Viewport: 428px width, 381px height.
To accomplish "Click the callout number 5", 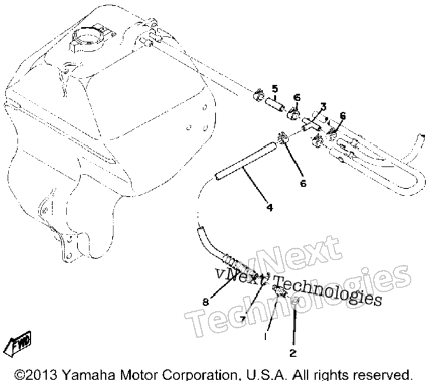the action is pyautogui.click(x=275, y=89).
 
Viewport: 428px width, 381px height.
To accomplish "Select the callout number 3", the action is pyautogui.click(x=323, y=106).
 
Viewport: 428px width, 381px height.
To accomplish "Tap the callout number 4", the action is pyautogui.click(x=270, y=208).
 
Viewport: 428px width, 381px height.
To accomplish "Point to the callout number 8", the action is pyautogui.click(x=206, y=302).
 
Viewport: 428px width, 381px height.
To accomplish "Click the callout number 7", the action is pyautogui.click(x=243, y=319).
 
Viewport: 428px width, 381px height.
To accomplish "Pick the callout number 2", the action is pyautogui.click(x=293, y=353).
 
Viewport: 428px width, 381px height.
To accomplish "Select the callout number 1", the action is pyautogui.click(x=265, y=336).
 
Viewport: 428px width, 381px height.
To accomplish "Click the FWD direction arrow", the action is pyautogui.click(x=21, y=343).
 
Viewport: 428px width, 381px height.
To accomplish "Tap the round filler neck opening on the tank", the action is pyautogui.click(x=88, y=38).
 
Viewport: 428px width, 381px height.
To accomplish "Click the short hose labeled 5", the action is pyautogui.click(x=275, y=105).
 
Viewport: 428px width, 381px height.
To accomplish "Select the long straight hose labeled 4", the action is pyautogui.click(x=245, y=161).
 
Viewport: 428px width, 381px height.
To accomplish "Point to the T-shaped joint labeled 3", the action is pyautogui.click(x=312, y=124).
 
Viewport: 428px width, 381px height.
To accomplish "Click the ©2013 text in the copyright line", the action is pyautogui.click(x=35, y=375).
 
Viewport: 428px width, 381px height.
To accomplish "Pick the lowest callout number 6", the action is pyautogui.click(x=303, y=184).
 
